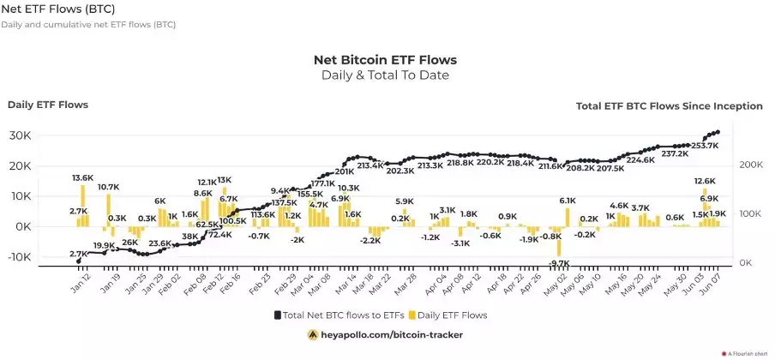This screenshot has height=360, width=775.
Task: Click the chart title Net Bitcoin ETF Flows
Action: [x=385, y=60]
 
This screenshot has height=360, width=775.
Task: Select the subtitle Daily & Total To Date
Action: [x=385, y=75]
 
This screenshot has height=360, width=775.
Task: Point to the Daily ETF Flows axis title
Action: [x=48, y=105]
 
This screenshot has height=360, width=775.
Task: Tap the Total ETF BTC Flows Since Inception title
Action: [x=669, y=106]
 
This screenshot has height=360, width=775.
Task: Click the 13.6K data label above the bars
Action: [x=83, y=177]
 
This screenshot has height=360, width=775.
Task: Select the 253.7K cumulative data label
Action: [x=702, y=146]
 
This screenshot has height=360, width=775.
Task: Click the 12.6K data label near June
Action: [x=705, y=181]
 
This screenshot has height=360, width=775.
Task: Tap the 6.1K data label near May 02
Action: [x=568, y=201]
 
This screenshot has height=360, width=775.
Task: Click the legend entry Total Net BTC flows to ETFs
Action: [x=338, y=315]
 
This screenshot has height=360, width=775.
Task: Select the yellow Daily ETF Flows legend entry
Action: [x=448, y=315]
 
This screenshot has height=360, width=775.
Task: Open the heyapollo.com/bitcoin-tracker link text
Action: [x=392, y=335]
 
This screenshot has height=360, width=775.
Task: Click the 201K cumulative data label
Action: [x=344, y=171]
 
